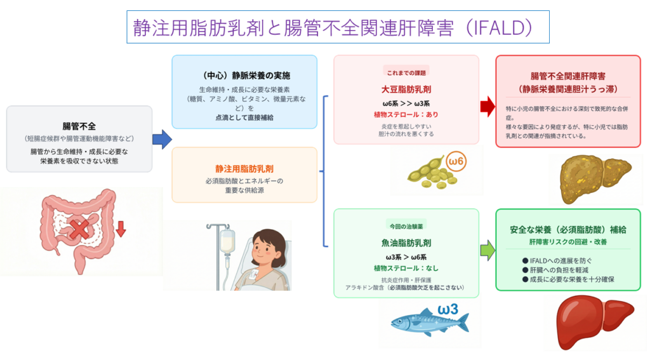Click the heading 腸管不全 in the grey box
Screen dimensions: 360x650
(x=79, y=125)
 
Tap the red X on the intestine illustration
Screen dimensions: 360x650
(x=79, y=229)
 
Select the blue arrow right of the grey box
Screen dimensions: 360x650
(x=162, y=139)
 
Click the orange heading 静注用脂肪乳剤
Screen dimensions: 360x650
(x=244, y=169)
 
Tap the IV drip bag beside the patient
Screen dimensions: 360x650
(x=227, y=240)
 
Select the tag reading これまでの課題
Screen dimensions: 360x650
(x=406, y=72)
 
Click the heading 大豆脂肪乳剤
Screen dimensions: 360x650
(x=406, y=89)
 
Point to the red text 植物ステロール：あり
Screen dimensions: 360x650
(x=406, y=115)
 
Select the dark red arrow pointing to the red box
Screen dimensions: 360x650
(x=487, y=106)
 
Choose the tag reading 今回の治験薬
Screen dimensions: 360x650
(x=406, y=225)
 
